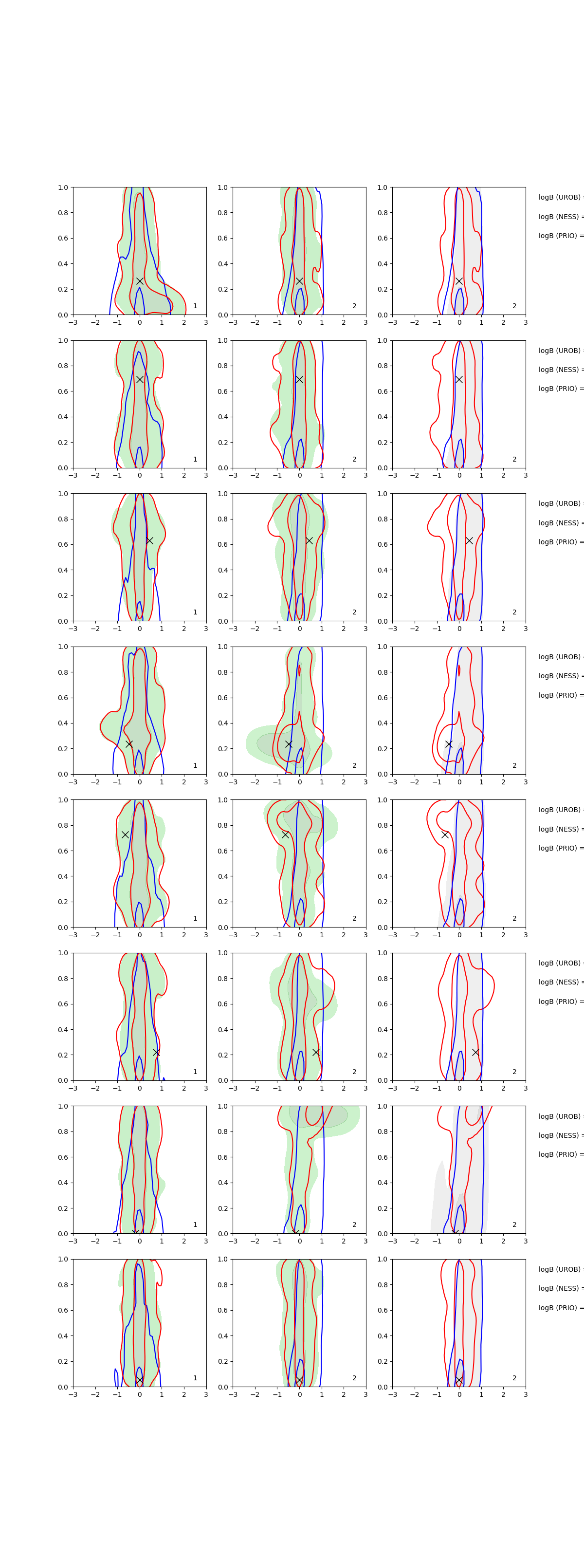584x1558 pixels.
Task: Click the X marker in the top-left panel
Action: (140, 281)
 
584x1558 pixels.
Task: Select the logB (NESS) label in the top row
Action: (560, 217)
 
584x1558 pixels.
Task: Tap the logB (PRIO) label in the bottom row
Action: (560, 1308)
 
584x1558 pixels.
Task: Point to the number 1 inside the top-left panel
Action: (195, 306)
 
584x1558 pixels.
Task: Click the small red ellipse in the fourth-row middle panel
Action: (299, 670)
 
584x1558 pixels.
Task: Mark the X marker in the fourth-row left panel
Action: (129, 744)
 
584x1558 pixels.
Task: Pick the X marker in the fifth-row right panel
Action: (445, 835)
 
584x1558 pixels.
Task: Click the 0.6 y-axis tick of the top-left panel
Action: (63, 238)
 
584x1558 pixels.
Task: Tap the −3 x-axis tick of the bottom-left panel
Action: (73, 1395)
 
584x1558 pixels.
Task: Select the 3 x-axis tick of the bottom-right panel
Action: (526, 1395)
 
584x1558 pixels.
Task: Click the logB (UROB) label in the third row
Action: (560, 503)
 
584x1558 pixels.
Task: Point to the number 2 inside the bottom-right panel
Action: (514, 1378)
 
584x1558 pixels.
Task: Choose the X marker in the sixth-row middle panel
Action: (315, 1052)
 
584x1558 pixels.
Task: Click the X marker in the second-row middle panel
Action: (299, 379)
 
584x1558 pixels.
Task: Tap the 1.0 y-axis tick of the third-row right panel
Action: (382, 494)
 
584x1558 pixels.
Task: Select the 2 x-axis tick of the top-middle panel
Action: (344, 322)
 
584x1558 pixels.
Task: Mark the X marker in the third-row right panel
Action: (469, 540)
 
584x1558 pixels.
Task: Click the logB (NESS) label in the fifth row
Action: (560, 829)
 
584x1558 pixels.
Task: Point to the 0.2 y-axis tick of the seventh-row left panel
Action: (63, 1208)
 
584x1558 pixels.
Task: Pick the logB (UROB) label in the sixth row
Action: (560, 963)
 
